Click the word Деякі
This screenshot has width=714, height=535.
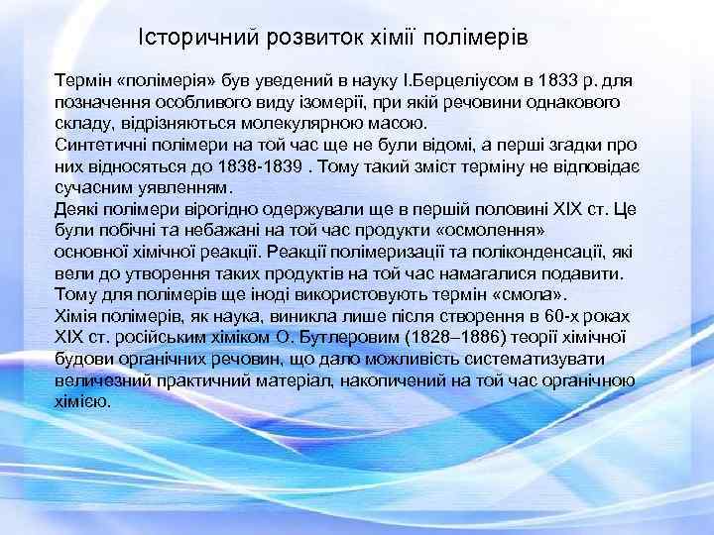[80, 209]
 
